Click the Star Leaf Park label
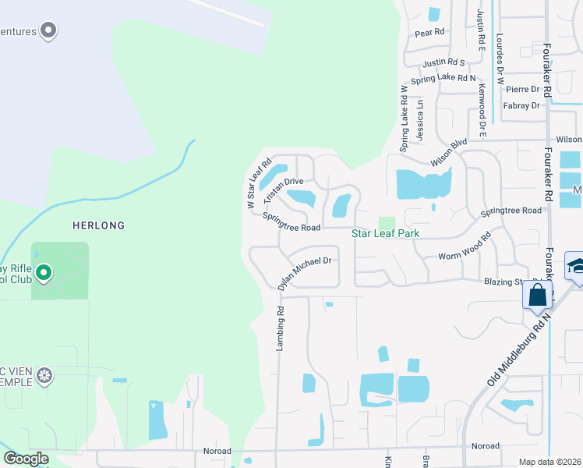pyautogui.click(x=386, y=233)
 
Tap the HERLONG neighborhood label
pyautogui.click(x=98, y=225)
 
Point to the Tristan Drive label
pyautogui.click(x=283, y=186)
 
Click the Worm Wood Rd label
pyautogui.click(x=465, y=246)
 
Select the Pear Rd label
pyautogui.click(x=429, y=33)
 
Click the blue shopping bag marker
pyautogui.click(x=538, y=296)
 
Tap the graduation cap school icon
pyautogui.click(x=575, y=265)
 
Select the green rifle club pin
pyautogui.click(x=44, y=272)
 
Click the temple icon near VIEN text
pyautogui.click(x=45, y=376)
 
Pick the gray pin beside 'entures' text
pyautogui.click(x=48, y=30)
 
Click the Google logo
pyautogui.click(x=26, y=459)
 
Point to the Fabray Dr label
pyautogui.click(x=522, y=105)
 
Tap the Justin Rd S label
pyautogui.click(x=444, y=62)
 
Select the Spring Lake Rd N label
pyautogui.click(x=443, y=79)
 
